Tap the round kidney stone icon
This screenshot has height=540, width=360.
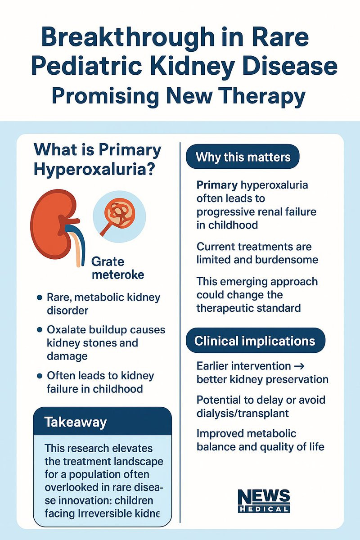pos(119,214)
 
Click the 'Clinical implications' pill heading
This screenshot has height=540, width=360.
pos(255,340)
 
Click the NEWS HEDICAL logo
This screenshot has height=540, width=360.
pos(264,501)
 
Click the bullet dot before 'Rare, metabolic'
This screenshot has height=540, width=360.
pos(39,297)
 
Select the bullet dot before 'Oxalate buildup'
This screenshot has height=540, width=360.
pos(39,330)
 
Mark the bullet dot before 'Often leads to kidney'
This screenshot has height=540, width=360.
pos(39,375)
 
